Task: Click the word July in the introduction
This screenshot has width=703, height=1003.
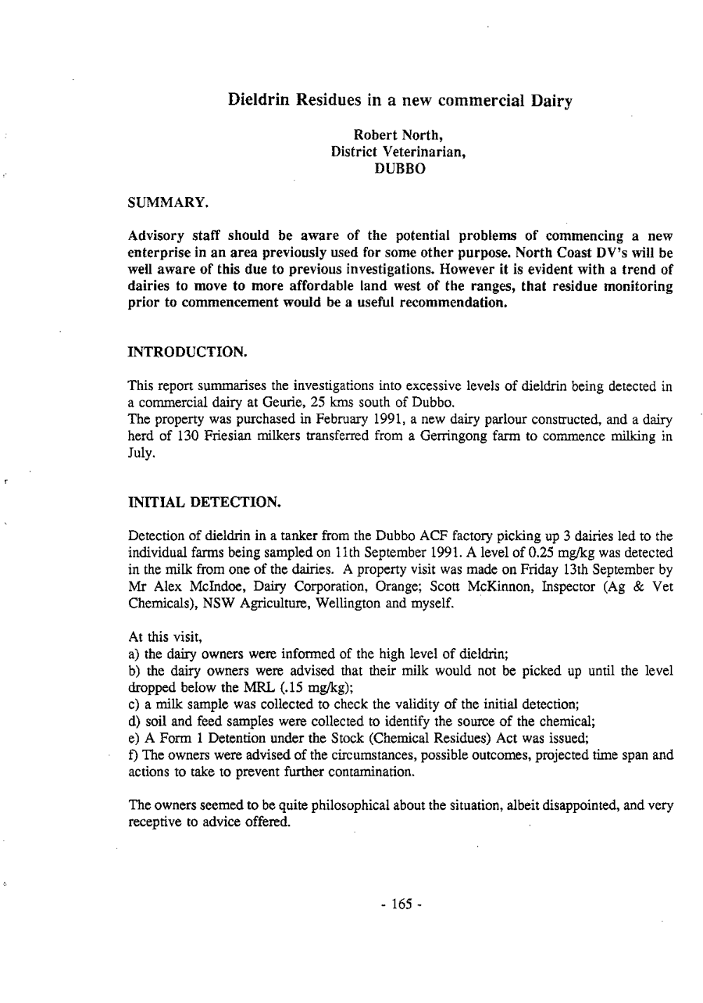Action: [137, 448]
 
